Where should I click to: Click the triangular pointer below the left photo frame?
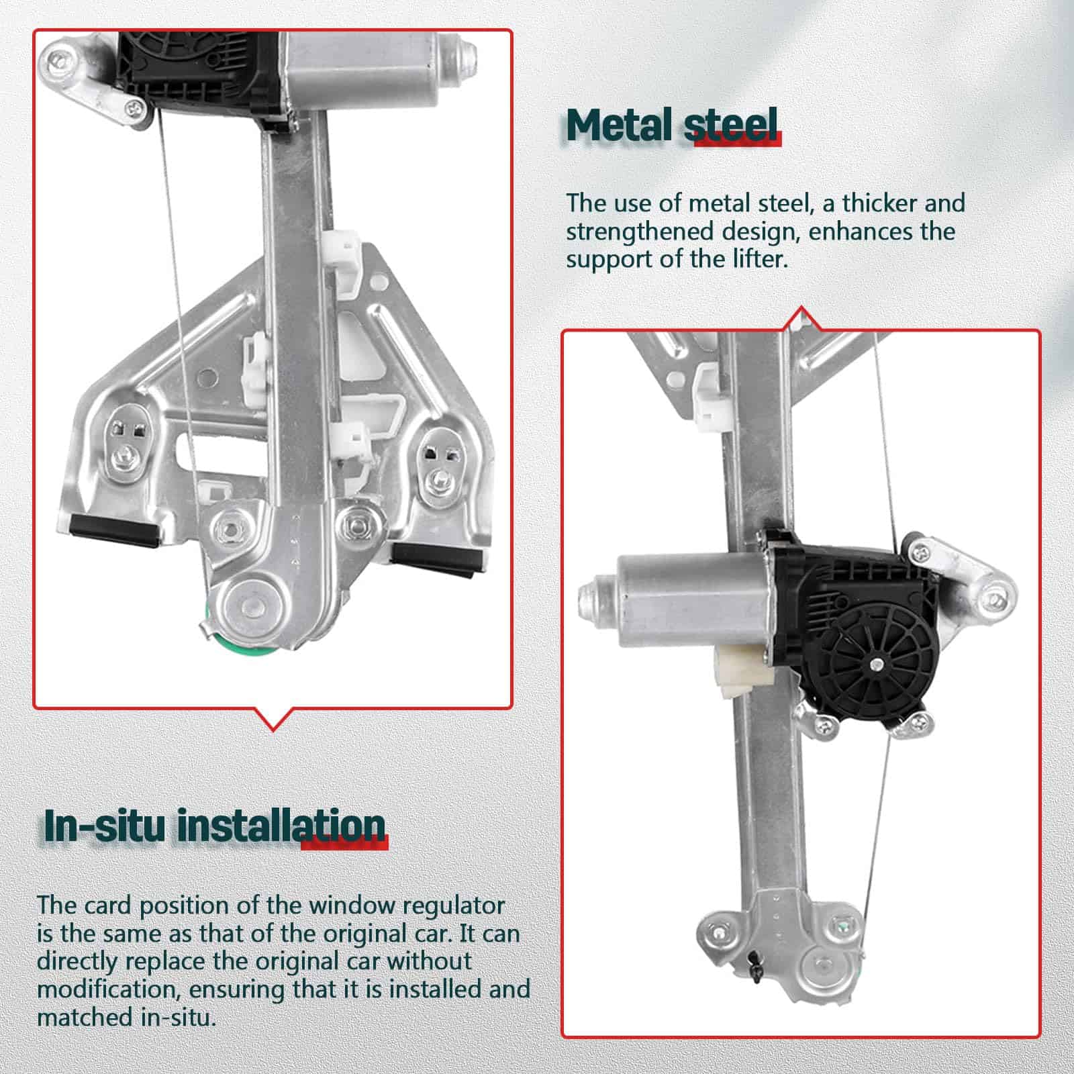(273, 718)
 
